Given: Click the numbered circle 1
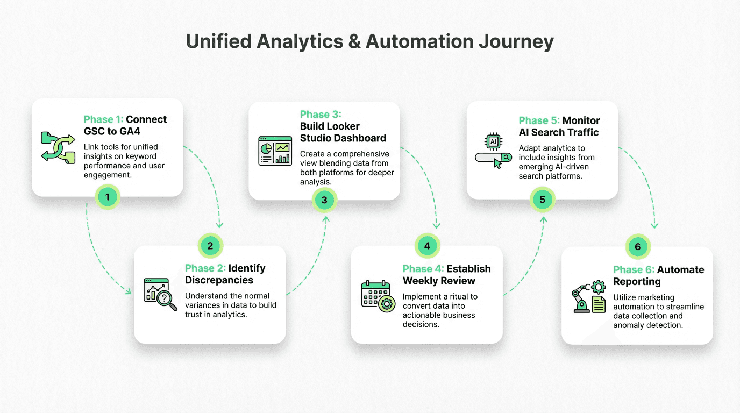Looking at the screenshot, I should coord(107,197).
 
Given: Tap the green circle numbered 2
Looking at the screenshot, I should coord(210,246).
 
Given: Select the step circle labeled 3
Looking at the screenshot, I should coord(324,201).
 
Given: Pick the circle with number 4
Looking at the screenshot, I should coord(427,246).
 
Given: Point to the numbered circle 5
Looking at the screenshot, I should coord(542,200).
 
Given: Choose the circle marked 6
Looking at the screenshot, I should coord(638,247).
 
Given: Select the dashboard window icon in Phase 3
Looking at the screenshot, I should coord(275,151).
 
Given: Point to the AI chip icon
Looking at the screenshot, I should coord(493,141).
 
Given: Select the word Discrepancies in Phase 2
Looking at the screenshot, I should coord(219,280).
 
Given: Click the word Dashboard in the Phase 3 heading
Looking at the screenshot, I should coord(359,138).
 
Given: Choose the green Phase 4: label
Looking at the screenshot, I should coord(423,269).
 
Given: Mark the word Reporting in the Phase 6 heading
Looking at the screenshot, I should coord(637,282).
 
